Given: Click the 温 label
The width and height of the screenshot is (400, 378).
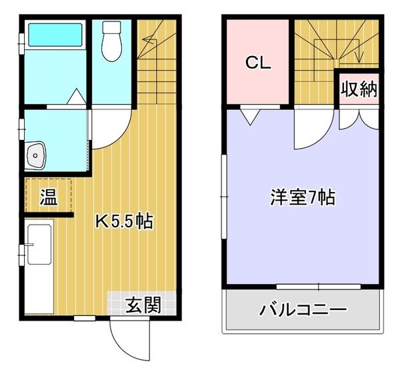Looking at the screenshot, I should coord(47,197).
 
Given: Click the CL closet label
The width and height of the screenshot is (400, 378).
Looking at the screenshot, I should coord(257,63).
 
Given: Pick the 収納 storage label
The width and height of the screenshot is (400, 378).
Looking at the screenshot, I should coord(359,89).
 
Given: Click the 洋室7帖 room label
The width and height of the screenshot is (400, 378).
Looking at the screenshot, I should coord(302,198).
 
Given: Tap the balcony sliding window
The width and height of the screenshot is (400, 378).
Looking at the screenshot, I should coord(319,287).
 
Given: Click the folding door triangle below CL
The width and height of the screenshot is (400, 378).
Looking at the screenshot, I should coord(251,116).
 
